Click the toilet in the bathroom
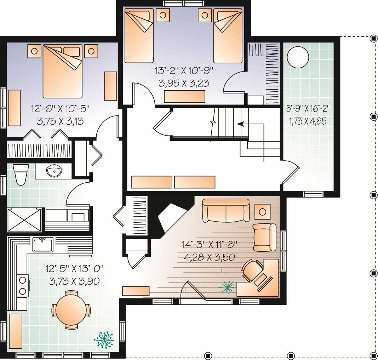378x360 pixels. [21, 175]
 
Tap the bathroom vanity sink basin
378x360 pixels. [54, 172]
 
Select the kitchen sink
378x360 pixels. [43, 245]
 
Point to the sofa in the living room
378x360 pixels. [225, 211]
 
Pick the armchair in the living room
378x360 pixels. [264, 237]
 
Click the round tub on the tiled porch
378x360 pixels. [298, 57]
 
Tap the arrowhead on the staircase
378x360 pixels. [240, 124]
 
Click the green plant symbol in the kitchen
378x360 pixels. [104, 339]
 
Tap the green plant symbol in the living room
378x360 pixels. [227, 287]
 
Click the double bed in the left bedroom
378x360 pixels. [63, 71]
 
